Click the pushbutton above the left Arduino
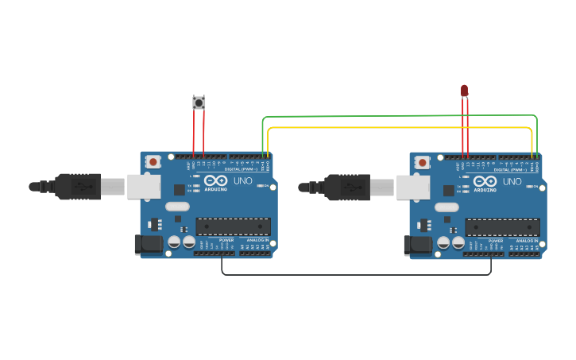pos(199,103)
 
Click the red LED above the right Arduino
pos(465,91)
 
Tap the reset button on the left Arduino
pos(153,162)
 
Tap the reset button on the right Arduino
pos(422,162)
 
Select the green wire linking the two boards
pos(397,116)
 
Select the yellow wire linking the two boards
pos(397,127)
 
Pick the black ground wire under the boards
pos(358,275)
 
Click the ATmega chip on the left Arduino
pos(233,226)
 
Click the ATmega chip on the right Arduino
pos(502,226)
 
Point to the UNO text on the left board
pos(242,181)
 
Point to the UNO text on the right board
pos(512,181)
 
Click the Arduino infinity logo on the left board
pos(215,180)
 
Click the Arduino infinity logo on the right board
pos(485,180)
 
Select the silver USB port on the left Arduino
pos(144,187)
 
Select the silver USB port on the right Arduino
pos(413,187)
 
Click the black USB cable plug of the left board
pos(79,187)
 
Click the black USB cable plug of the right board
pos(349,187)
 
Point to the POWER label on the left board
pos(226,239)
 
